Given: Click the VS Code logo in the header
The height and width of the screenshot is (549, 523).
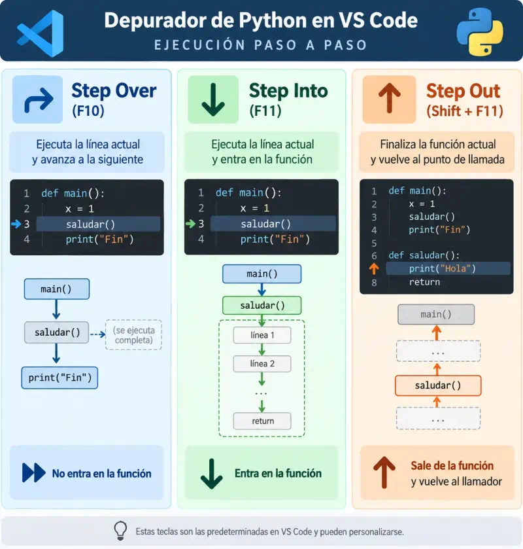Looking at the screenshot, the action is (41, 33).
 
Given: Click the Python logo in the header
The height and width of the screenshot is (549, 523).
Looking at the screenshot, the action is (480, 31).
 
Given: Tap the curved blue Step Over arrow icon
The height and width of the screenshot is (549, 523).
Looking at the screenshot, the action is (39, 99).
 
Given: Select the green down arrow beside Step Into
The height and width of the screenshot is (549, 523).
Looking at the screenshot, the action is (213, 99).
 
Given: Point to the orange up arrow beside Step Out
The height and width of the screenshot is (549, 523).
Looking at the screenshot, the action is (390, 98).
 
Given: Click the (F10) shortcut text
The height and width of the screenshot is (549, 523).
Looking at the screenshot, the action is (88, 111).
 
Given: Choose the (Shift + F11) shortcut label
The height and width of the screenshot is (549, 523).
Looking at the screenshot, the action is (465, 111).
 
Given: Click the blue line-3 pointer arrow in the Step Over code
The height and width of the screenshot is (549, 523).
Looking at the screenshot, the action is (16, 224).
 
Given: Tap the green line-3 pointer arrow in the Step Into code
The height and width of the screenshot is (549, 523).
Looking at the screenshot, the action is (191, 223).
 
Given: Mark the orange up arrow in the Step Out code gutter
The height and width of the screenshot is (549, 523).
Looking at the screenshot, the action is (374, 268).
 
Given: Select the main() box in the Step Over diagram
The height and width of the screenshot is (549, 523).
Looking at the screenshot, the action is (57, 289).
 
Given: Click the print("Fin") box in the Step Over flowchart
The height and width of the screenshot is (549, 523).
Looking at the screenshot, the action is (59, 378).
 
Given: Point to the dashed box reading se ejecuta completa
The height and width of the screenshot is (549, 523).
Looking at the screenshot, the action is (133, 335).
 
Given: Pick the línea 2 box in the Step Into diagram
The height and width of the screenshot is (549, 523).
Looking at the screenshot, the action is (262, 364).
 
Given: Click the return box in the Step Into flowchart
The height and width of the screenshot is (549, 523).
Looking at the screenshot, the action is (262, 421).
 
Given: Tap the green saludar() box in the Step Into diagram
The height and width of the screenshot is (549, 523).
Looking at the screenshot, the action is (261, 306).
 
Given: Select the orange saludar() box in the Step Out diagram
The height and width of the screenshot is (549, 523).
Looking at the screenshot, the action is (438, 385).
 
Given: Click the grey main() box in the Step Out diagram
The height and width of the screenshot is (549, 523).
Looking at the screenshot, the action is (436, 314).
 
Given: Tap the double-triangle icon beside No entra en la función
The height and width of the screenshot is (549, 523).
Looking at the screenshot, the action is (33, 472).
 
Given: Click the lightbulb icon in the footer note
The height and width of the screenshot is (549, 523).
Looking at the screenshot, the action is (120, 530).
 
